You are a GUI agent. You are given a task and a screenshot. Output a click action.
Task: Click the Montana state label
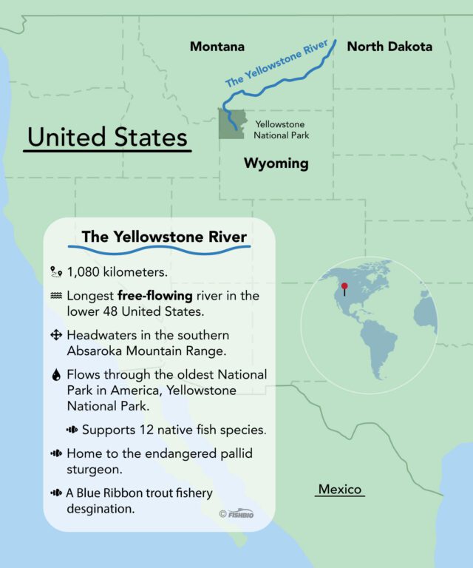click(217, 47)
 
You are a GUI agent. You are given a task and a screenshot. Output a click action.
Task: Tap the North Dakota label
click(389, 47)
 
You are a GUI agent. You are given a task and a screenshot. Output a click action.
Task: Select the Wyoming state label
click(276, 163)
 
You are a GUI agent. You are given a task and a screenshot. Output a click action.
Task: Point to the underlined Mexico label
click(340, 490)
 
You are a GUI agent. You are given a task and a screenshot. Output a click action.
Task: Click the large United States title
click(107, 138)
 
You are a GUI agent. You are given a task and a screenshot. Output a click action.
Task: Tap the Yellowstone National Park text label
click(282, 130)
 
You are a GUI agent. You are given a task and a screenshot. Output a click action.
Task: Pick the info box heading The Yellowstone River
click(164, 237)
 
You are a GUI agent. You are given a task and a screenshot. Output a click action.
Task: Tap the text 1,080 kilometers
click(117, 272)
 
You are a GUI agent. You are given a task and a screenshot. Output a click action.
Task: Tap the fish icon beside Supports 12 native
click(72, 429)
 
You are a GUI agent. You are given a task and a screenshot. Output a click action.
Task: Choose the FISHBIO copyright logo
click(236, 514)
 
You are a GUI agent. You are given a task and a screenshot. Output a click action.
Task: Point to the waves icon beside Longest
click(55, 295)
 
